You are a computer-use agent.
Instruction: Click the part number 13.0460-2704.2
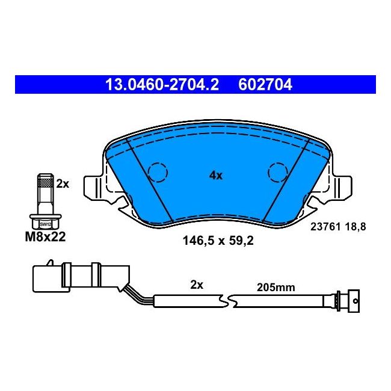162,85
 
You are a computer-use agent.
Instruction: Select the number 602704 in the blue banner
265,85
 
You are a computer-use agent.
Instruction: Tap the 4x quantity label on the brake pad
216,176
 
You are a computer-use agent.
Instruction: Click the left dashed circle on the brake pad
158,172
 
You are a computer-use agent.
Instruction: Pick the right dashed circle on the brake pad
279,172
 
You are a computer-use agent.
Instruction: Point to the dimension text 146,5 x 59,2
218,241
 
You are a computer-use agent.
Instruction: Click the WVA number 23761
325,227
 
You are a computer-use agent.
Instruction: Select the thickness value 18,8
356,227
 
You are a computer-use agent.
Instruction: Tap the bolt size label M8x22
45,236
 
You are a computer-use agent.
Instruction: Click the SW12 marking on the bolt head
45,224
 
